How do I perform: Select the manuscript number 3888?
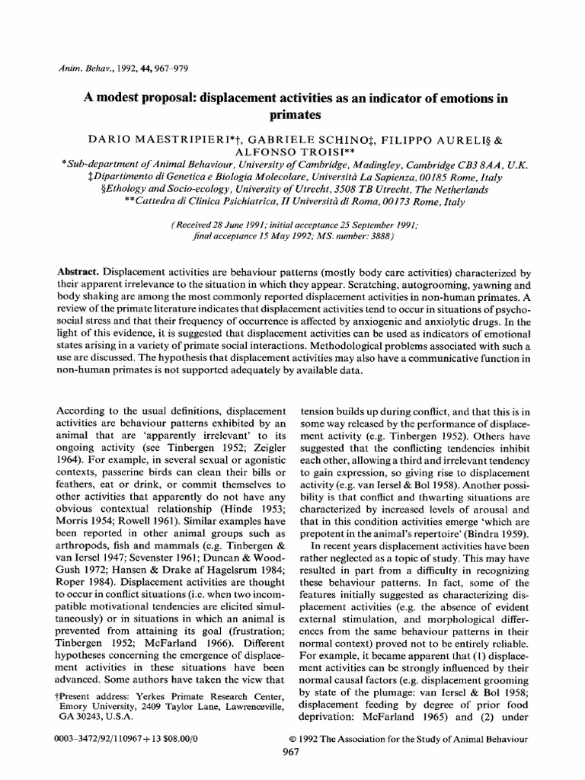[376, 237]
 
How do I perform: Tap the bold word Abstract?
[82, 272]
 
